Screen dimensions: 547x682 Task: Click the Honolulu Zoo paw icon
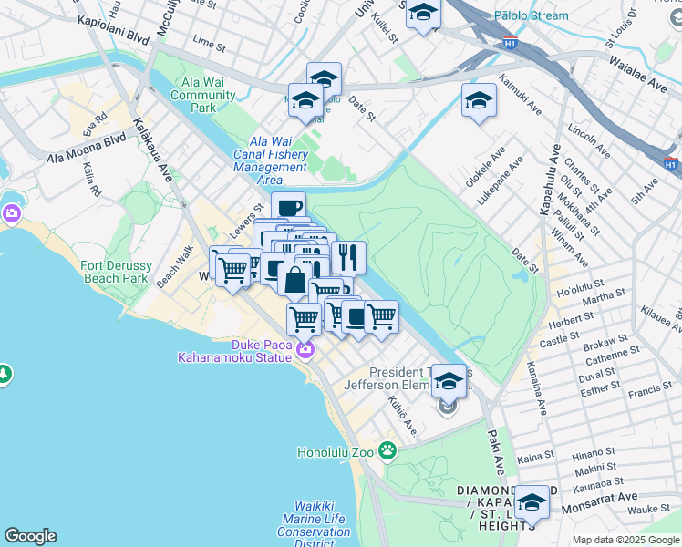tap(388, 449)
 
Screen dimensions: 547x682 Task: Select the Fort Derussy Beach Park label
tap(115, 271)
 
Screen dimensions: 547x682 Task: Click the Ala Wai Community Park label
tap(202, 95)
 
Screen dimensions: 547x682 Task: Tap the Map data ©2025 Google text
tap(626, 540)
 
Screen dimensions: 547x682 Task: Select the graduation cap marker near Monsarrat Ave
tap(532, 501)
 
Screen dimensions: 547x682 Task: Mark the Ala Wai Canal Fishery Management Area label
tap(270, 160)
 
